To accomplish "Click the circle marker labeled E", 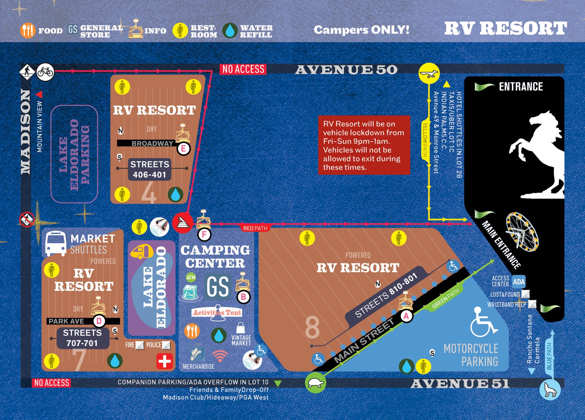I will [x=183, y=148].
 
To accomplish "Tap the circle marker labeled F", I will [x=204, y=235].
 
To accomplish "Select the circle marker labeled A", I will [x=406, y=316].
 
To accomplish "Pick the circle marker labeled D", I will [x=99, y=321].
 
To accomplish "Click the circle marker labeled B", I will [x=243, y=297].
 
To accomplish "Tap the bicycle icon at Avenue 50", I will [x=45, y=72].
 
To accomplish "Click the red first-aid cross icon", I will [x=165, y=361].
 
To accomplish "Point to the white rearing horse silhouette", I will [x=537, y=154].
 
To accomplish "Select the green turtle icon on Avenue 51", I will [x=315, y=383].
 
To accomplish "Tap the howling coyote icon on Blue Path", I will [x=550, y=390].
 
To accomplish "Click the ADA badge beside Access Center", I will [x=518, y=282].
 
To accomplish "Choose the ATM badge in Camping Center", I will [x=191, y=277].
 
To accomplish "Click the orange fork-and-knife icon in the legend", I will [x=28, y=30].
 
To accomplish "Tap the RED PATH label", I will [x=255, y=228].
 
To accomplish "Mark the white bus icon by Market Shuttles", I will [x=56, y=243].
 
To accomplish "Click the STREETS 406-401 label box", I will [x=149, y=169].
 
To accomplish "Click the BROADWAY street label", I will [x=152, y=143].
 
